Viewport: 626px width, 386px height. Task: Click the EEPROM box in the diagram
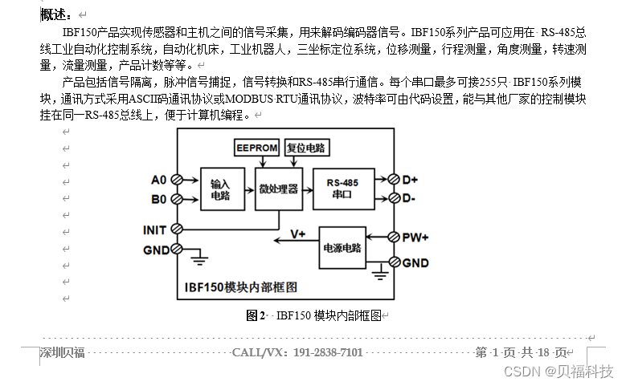click(x=256, y=148)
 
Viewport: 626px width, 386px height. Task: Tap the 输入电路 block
click(x=221, y=189)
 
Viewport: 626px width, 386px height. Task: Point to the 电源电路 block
click(x=342, y=249)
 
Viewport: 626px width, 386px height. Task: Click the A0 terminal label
click(x=158, y=179)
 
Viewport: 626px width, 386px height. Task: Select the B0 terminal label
click(x=158, y=199)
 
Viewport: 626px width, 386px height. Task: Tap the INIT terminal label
click(x=154, y=230)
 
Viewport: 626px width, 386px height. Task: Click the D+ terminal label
click(x=411, y=179)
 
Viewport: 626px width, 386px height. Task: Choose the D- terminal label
click(x=409, y=198)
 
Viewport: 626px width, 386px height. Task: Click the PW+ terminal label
click(x=415, y=238)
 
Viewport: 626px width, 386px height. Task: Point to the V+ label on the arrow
click(x=298, y=234)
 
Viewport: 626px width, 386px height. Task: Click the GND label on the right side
click(x=415, y=263)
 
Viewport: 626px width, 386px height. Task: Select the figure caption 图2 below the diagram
click(x=255, y=315)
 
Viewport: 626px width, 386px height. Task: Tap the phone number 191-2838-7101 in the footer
click(x=328, y=352)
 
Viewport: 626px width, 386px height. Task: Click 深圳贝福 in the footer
click(x=63, y=352)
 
